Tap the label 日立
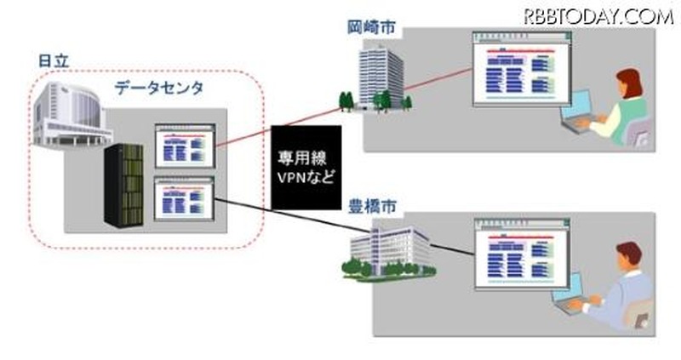pyautogui.click(x=54, y=61)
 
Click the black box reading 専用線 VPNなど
pyautogui.click(x=306, y=167)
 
